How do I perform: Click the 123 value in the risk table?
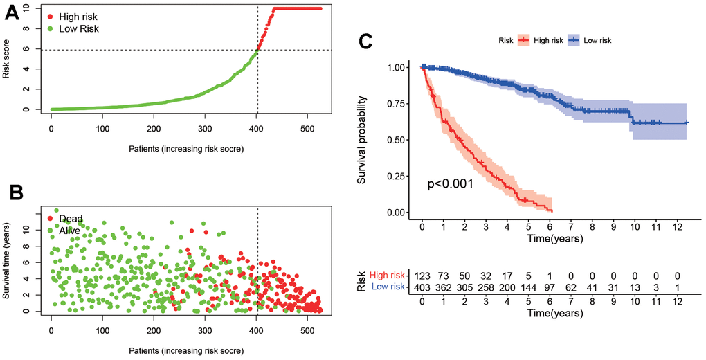422,276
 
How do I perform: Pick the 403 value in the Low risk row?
422,287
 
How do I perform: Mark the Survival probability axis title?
363,139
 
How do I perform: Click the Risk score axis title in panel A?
8,58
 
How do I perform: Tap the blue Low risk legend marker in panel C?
573,41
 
